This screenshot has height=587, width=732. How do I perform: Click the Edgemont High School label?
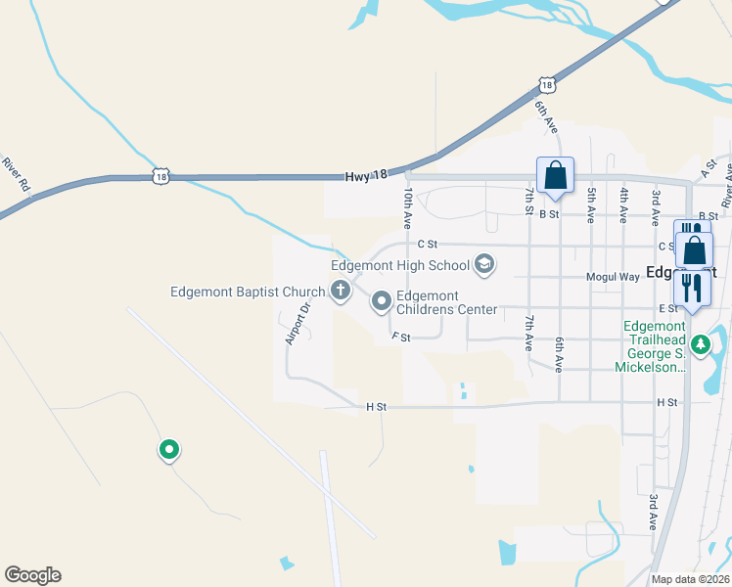click(x=400, y=265)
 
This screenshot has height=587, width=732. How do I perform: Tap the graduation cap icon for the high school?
click(x=483, y=264)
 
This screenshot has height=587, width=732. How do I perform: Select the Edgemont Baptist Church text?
click(x=247, y=291)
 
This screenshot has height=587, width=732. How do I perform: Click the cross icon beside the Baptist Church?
click(x=341, y=290)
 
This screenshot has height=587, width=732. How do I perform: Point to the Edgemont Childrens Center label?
click(x=446, y=303)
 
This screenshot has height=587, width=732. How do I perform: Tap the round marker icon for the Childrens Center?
click(x=381, y=302)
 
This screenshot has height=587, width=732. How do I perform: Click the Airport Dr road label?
click(x=297, y=323)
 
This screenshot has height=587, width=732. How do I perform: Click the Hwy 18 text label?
click(x=367, y=175)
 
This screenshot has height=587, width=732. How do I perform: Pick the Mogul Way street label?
click(x=613, y=277)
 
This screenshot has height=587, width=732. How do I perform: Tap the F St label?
click(x=400, y=337)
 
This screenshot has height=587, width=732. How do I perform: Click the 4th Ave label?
click(x=623, y=206)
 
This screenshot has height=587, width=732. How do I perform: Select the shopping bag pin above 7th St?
click(x=555, y=177)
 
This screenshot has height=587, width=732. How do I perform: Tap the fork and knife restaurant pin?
click(x=691, y=288)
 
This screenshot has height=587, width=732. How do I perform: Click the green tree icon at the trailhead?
click(x=700, y=343)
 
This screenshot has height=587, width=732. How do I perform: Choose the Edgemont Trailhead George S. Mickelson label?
click(x=651, y=346)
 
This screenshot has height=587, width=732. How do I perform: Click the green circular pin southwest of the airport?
click(x=169, y=450)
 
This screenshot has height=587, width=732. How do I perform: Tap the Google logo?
click(x=32, y=575)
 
